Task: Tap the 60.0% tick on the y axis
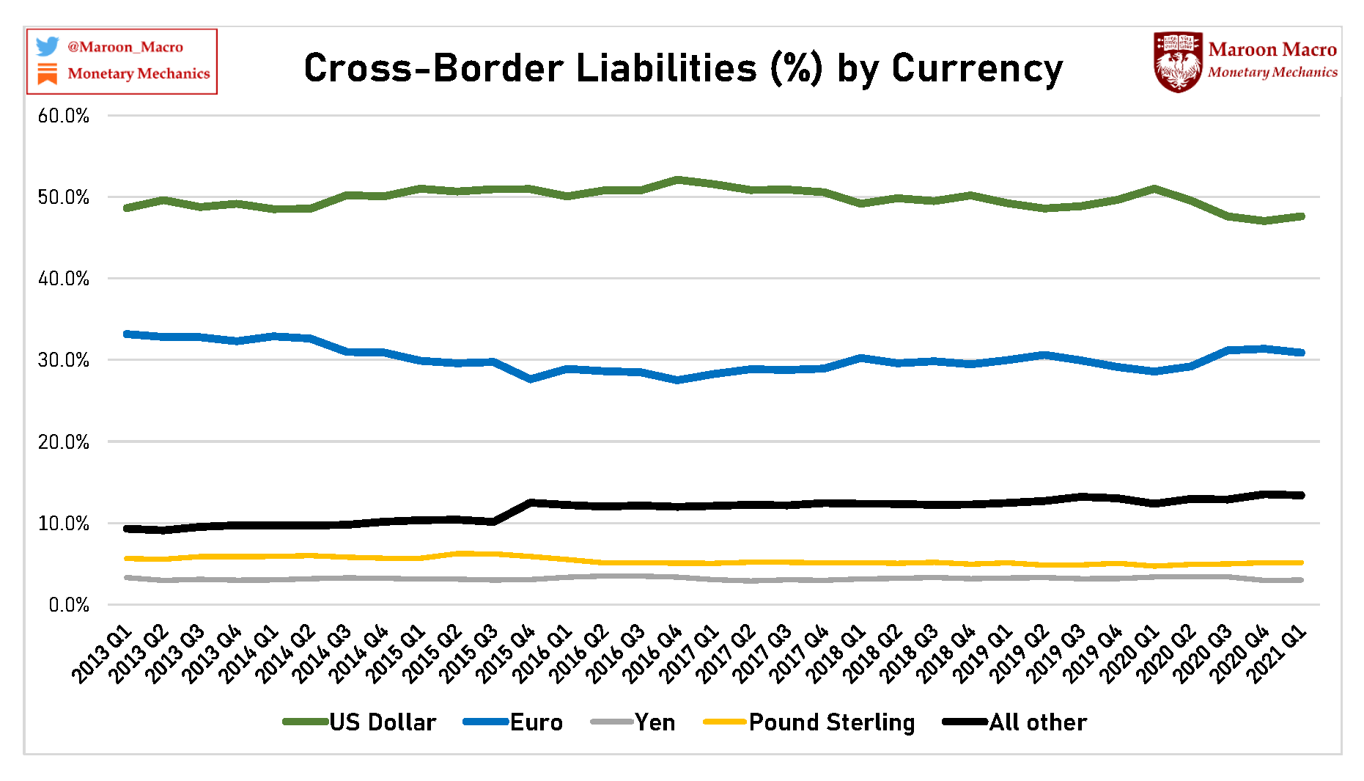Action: [x=64, y=116]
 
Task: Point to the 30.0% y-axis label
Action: [x=64, y=360]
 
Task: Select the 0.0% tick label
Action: [x=69, y=605]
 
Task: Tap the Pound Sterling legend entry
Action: [x=809, y=722]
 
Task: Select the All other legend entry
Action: [x=1015, y=722]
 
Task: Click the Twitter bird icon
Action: [x=48, y=46]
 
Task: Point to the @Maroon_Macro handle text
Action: [x=125, y=47]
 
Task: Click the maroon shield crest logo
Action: [x=1178, y=62]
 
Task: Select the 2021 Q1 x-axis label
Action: [x=1278, y=655]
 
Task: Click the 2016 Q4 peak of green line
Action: [x=678, y=179]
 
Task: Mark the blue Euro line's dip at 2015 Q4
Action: [x=531, y=379]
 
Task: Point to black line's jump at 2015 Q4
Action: [x=531, y=503]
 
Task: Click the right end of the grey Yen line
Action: [x=1301, y=580]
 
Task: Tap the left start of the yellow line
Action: [x=128, y=559]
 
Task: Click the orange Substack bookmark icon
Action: [x=48, y=73]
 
